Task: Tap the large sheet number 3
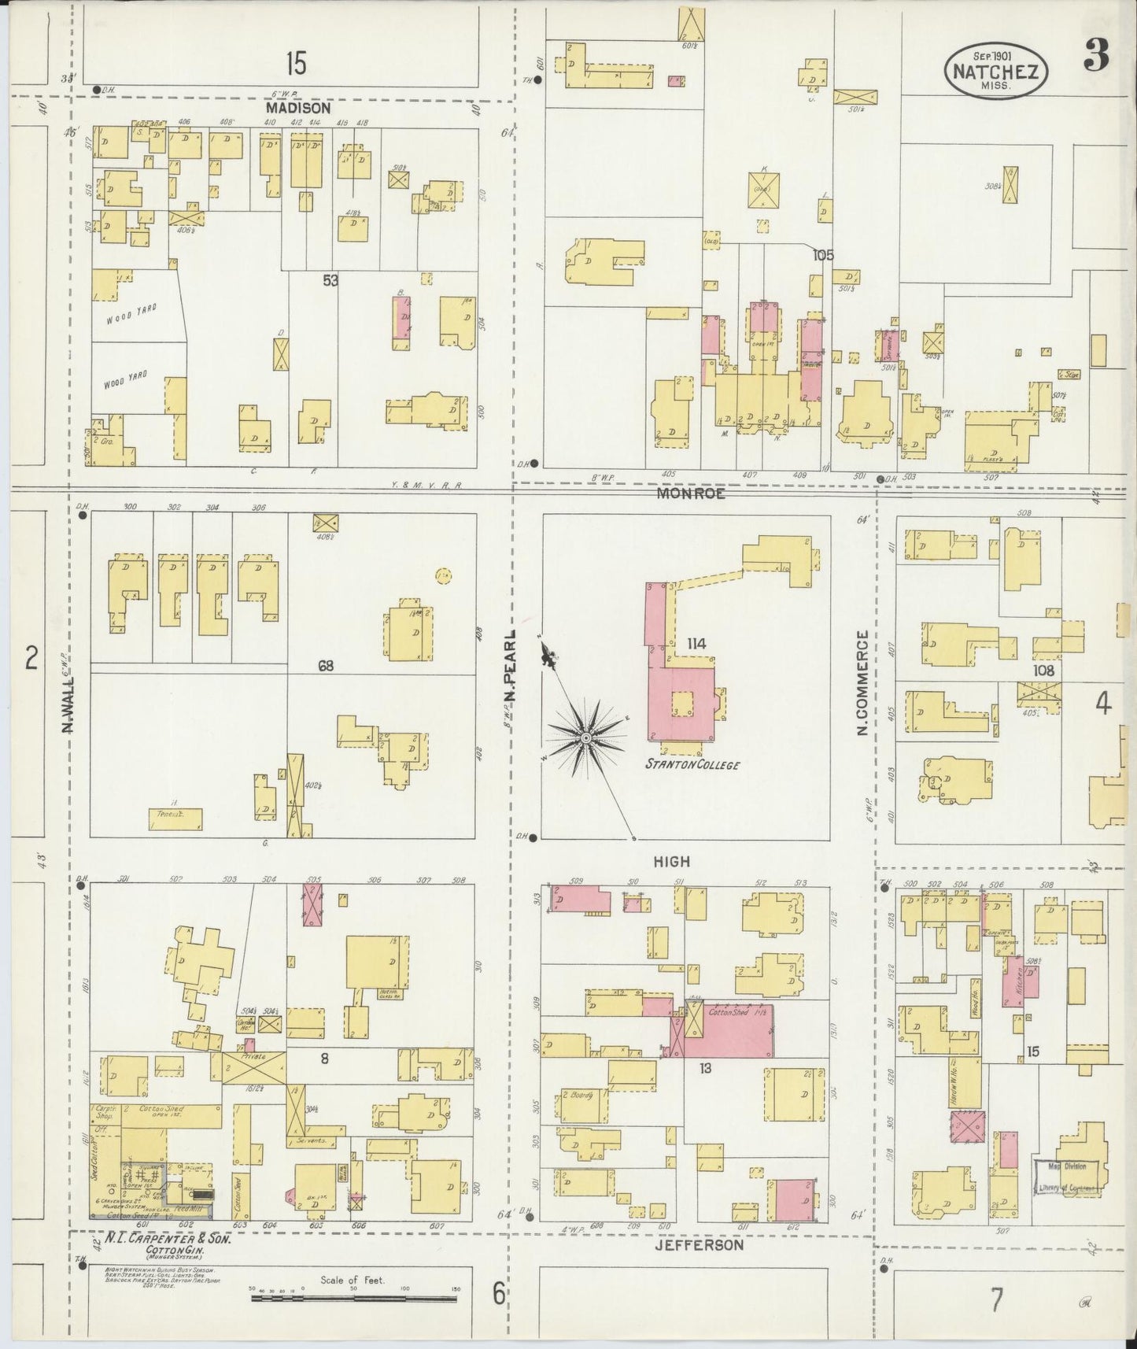[x=1095, y=55]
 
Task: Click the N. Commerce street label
[x=862, y=683]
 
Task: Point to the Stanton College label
[x=692, y=763]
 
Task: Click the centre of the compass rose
[x=586, y=737]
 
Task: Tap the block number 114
[x=696, y=644]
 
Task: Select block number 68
[x=326, y=666]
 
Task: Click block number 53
[x=330, y=279]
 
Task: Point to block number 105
[x=823, y=255]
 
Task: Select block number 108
[x=1044, y=671]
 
